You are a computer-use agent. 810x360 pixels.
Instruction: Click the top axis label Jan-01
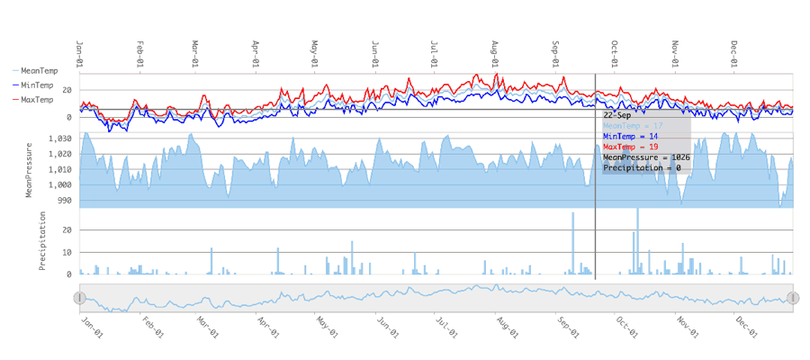pos(80,51)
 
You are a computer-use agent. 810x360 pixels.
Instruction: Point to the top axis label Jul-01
pos(436,51)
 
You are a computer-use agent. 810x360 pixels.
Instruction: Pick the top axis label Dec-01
pos(734,51)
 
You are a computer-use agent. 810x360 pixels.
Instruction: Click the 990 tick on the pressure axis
pos(63,200)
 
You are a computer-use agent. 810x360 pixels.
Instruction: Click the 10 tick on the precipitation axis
pos(67,252)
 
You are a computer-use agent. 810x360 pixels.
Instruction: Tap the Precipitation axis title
pos(41,241)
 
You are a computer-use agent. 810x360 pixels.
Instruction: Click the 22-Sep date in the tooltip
pos(616,114)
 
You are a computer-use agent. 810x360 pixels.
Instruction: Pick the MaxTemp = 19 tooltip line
pos(632,147)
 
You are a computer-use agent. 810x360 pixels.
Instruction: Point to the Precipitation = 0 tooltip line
pos(642,168)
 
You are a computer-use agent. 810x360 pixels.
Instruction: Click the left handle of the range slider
pos(79,298)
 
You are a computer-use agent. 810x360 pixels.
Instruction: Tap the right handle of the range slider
pos(793,298)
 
